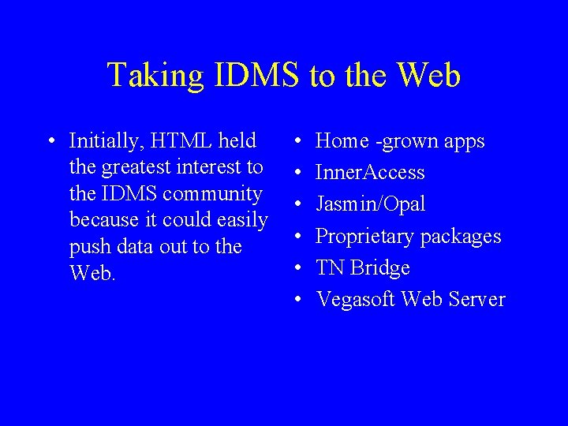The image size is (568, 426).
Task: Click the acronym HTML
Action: (x=179, y=141)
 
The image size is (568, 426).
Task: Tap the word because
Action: (x=102, y=220)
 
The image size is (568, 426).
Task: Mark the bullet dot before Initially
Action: (x=50, y=142)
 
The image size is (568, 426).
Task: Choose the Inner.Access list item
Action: (x=370, y=173)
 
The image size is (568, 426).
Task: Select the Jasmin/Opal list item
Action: (x=370, y=204)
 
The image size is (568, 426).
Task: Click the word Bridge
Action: (x=380, y=267)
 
